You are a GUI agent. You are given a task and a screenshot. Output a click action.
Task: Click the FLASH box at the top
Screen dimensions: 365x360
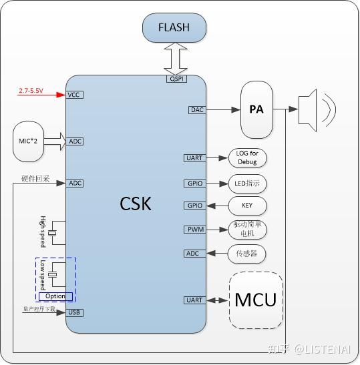174,28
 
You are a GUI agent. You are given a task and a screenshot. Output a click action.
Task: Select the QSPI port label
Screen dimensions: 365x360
176,79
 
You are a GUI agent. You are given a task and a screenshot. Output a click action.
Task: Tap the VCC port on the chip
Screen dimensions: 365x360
75,95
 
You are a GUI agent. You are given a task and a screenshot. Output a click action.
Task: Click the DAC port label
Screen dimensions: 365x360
196,109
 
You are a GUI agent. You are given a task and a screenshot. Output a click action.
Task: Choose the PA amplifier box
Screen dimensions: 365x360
256,109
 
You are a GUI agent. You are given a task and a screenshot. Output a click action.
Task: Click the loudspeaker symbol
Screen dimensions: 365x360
314,109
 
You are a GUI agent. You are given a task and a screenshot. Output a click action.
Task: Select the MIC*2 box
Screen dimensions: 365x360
29,141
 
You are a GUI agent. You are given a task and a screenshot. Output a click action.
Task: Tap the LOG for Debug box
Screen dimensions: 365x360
248,158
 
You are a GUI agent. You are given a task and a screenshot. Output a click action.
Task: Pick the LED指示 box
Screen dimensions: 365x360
248,183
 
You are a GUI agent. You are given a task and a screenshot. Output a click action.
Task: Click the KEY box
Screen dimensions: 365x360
248,206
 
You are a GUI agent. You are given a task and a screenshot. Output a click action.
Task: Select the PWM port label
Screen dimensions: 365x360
194,230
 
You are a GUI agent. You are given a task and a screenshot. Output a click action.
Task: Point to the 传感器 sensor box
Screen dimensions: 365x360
248,254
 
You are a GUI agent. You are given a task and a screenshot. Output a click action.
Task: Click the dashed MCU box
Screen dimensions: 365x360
256,300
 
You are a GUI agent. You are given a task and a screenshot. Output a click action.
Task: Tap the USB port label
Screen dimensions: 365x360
75,312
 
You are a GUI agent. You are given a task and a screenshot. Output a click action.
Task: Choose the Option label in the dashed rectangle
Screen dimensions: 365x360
55,296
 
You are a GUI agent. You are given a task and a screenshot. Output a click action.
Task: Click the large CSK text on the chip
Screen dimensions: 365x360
136,203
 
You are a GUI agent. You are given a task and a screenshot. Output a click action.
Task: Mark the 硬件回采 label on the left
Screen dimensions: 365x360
35,179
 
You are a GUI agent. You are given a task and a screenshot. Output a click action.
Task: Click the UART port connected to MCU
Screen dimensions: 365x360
194,300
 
